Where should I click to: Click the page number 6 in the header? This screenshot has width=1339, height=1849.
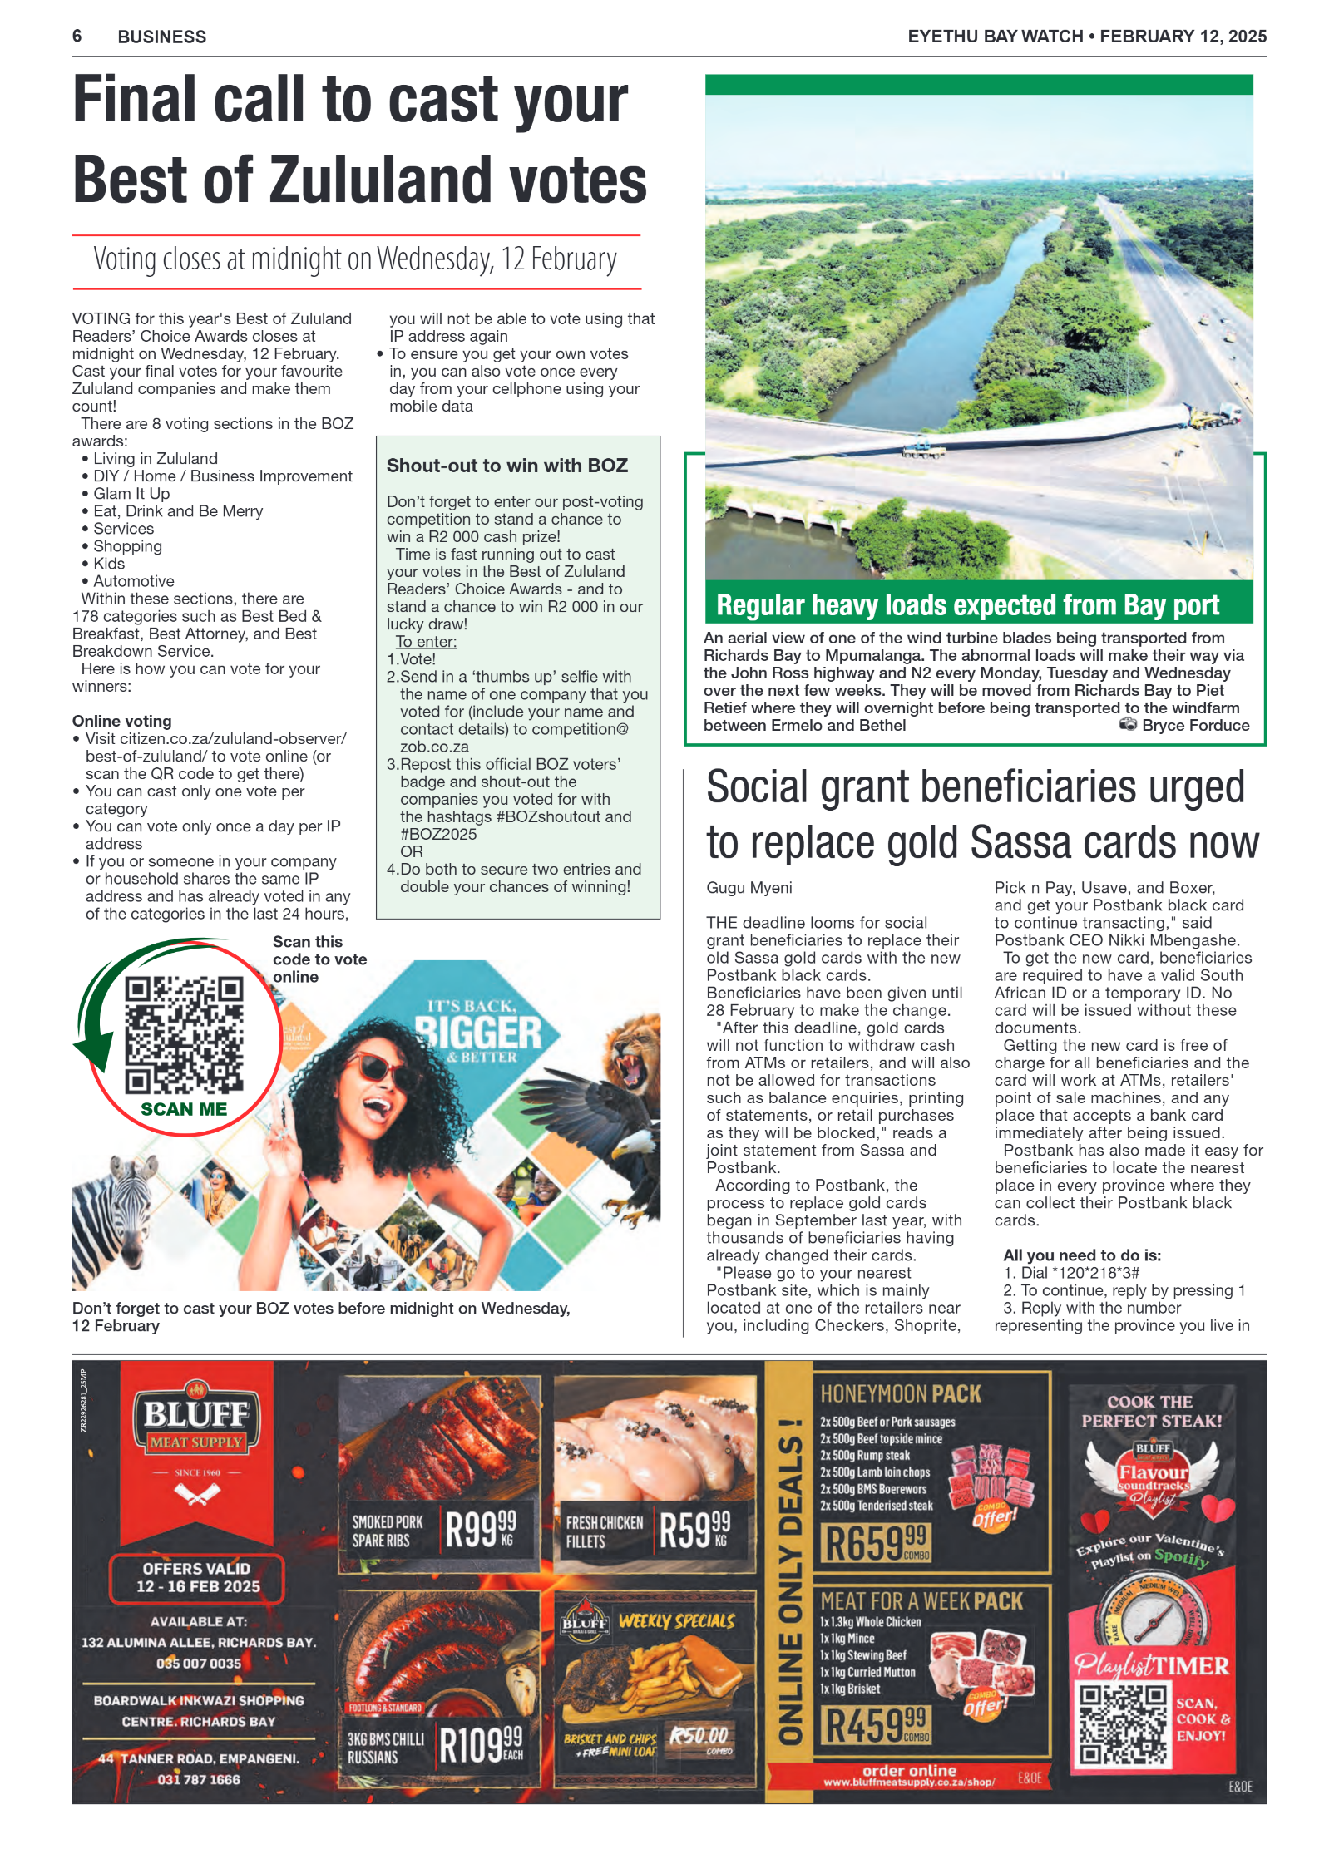[x=77, y=36]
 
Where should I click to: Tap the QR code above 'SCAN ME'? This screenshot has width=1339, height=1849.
[x=184, y=1034]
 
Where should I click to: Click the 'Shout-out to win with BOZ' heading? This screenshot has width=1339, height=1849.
[x=506, y=466]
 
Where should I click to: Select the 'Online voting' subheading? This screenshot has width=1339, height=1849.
[x=121, y=721]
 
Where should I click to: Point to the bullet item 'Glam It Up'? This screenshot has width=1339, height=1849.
[x=131, y=493]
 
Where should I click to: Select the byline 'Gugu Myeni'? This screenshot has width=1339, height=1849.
[x=749, y=887]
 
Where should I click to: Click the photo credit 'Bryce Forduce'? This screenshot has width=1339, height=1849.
[x=1194, y=725]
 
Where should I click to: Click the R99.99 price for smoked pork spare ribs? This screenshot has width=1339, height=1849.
[x=481, y=1531]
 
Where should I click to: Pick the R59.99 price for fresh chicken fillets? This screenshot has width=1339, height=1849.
[x=694, y=1531]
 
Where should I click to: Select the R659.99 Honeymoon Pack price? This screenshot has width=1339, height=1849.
[x=875, y=1543]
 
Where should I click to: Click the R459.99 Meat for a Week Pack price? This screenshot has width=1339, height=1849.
[x=875, y=1726]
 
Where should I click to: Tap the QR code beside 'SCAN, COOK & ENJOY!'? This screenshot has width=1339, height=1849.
[x=1123, y=1724]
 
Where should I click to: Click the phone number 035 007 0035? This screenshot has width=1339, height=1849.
[x=198, y=1664]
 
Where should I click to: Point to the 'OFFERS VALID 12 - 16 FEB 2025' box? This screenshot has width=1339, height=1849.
[x=196, y=1577]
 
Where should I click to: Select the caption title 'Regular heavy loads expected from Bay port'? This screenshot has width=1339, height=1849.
[x=967, y=605]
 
